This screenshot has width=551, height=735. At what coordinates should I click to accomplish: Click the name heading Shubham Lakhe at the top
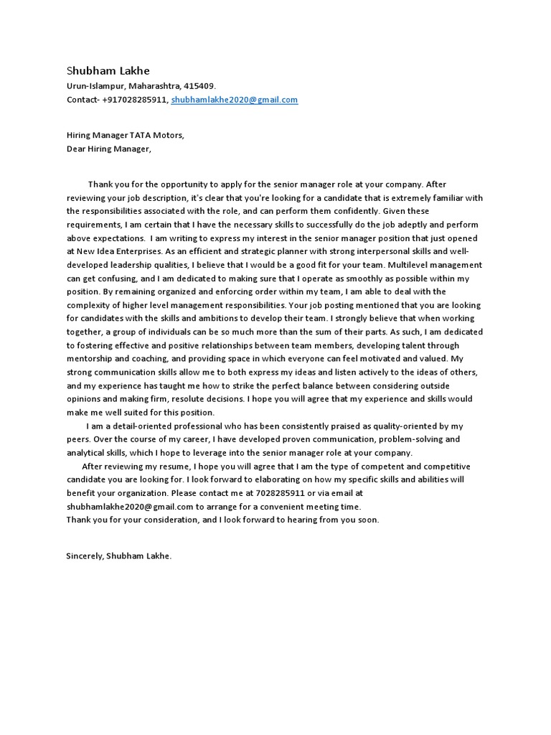108,71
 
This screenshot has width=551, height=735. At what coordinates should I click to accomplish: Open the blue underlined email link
235,100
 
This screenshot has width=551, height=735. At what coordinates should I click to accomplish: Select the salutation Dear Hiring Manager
109,149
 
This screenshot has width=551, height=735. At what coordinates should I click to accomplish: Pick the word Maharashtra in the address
156,86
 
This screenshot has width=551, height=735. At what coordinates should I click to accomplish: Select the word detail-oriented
136,426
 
